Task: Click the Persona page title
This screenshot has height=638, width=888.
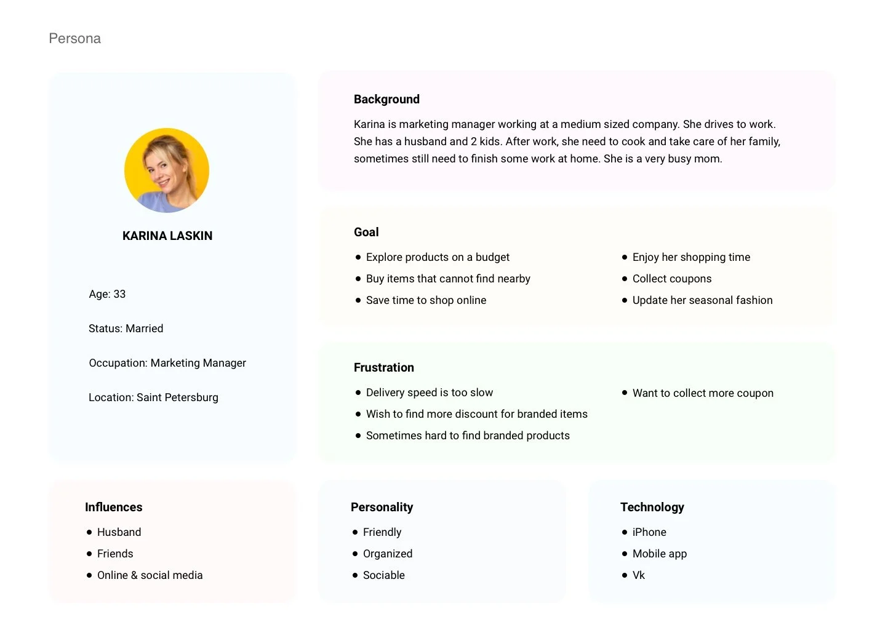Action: pyautogui.click(x=74, y=38)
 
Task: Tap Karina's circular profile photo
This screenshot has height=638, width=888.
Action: pyautogui.click(x=167, y=170)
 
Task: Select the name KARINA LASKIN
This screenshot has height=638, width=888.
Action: pyautogui.click(x=167, y=236)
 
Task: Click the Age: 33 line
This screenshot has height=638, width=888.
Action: pyautogui.click(x=107, y=294)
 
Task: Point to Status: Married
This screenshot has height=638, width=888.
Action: pyautogui.click(x=126, y=329)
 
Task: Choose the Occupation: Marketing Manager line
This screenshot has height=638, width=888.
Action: pyautogui.click(x=167, y=363)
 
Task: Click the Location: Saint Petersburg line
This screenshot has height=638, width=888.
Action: pyautogui.click(x=153, y=397)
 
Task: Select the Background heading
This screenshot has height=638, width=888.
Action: pyautogui.click(x=386, y=99)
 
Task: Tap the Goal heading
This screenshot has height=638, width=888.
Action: pyautogui.click(x=366, y=232)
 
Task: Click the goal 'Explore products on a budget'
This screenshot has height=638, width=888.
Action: pyautogui.click(x=438, y=257)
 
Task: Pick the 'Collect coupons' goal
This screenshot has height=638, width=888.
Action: pyautogui.click(x=671, y=279)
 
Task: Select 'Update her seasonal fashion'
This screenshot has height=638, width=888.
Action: pyautogui.click(x=702, y=300)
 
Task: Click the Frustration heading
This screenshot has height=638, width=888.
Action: pyautogui.click(x=383, y=367)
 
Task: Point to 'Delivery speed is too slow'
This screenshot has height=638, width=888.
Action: pyautogui.click(x=429, y=393)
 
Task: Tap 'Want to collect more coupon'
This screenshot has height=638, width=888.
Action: pyautogui.click(x=703, y=393)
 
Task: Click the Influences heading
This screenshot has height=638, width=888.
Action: pyautogui.click(x=113, y=507)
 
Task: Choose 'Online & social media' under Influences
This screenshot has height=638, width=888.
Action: pyautogui.click(x=150, y=575)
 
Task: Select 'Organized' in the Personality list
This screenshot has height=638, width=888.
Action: pyautogui.click(x=387, y=554)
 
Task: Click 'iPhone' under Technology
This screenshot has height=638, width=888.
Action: pyautogui.click(x=649, y=532)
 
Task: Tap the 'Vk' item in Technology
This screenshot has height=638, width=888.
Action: pyautogui.click(x=638, y=575)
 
